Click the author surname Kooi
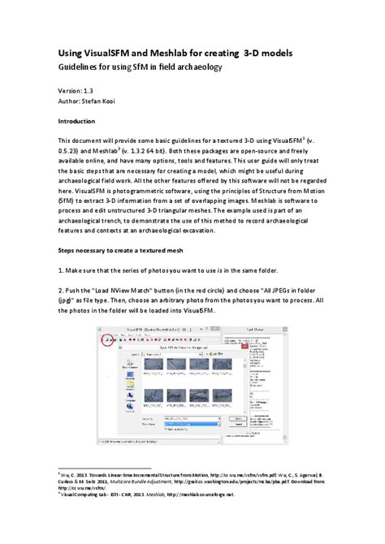pyautogui.click(x=119, y=103)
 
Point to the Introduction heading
pyautogui.click(x=82, y=121)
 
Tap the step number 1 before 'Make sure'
pyautogui.click(x=60, y=270)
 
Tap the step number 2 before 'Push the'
pyautogui.click(x=60, y=289)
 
